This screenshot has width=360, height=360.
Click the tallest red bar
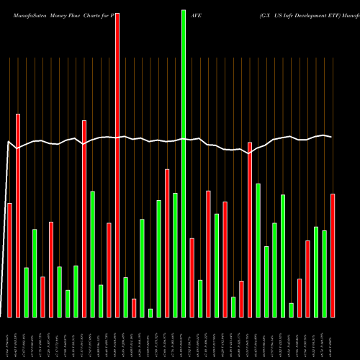[117, 165]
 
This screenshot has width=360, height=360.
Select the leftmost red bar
[9, 260]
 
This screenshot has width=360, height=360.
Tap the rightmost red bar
[333, 256]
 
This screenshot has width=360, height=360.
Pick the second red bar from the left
[18, 215]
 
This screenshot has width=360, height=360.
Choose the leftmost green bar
[26, 292]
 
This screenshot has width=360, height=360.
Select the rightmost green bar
[324, 274]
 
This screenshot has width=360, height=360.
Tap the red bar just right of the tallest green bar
[192, 277]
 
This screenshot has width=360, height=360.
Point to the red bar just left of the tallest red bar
[109, 270]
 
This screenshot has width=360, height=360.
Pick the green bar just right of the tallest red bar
[125, 297]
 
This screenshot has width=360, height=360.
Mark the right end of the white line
[331, 137]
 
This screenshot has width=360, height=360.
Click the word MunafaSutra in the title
[22, 14]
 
